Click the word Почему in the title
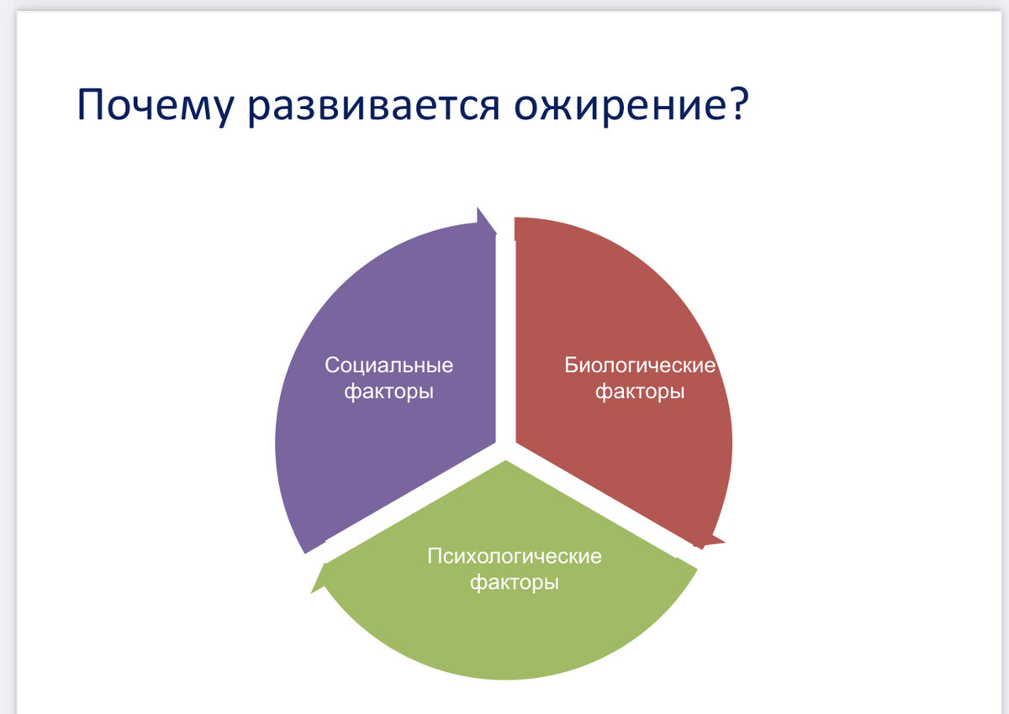(x=156, y=105)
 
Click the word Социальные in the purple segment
(x=388, y=365)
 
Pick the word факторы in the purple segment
(x=388, y=391)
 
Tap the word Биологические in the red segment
(x=640, y=365)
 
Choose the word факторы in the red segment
(x=640, y=391)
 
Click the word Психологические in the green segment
(x=514, y=556)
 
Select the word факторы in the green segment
(x=514, y=582)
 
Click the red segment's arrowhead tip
(x=724, y=542)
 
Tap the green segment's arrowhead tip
(x=311, y=593)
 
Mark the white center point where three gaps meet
(x=505, y=451)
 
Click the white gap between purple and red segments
(x=505, y=333)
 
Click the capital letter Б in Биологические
(x=571, y=365)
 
